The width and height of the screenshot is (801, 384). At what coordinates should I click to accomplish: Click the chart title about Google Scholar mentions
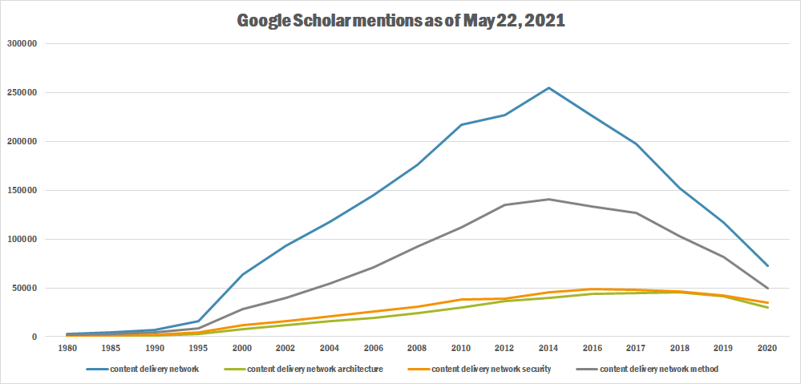[401, 21]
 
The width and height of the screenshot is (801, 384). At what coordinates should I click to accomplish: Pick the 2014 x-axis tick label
[548, 349]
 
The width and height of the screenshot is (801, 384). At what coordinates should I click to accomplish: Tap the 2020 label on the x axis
[767, 349]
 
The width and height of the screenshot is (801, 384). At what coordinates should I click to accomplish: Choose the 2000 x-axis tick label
[242, 349]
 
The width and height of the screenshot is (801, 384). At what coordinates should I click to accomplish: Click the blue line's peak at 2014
[548, 87]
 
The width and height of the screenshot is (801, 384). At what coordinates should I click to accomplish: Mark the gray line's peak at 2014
[548, 199]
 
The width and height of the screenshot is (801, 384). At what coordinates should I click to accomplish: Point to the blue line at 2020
[767, 265]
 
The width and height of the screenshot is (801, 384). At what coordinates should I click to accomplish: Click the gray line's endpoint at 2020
[767, 288]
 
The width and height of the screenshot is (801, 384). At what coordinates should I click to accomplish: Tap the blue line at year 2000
[242, 274]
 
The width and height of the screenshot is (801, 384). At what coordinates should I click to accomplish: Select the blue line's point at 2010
[461, 124]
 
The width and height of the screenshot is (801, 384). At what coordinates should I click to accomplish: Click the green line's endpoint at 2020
[767, 307]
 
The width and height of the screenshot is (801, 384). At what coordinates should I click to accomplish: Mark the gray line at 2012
[505, 204]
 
